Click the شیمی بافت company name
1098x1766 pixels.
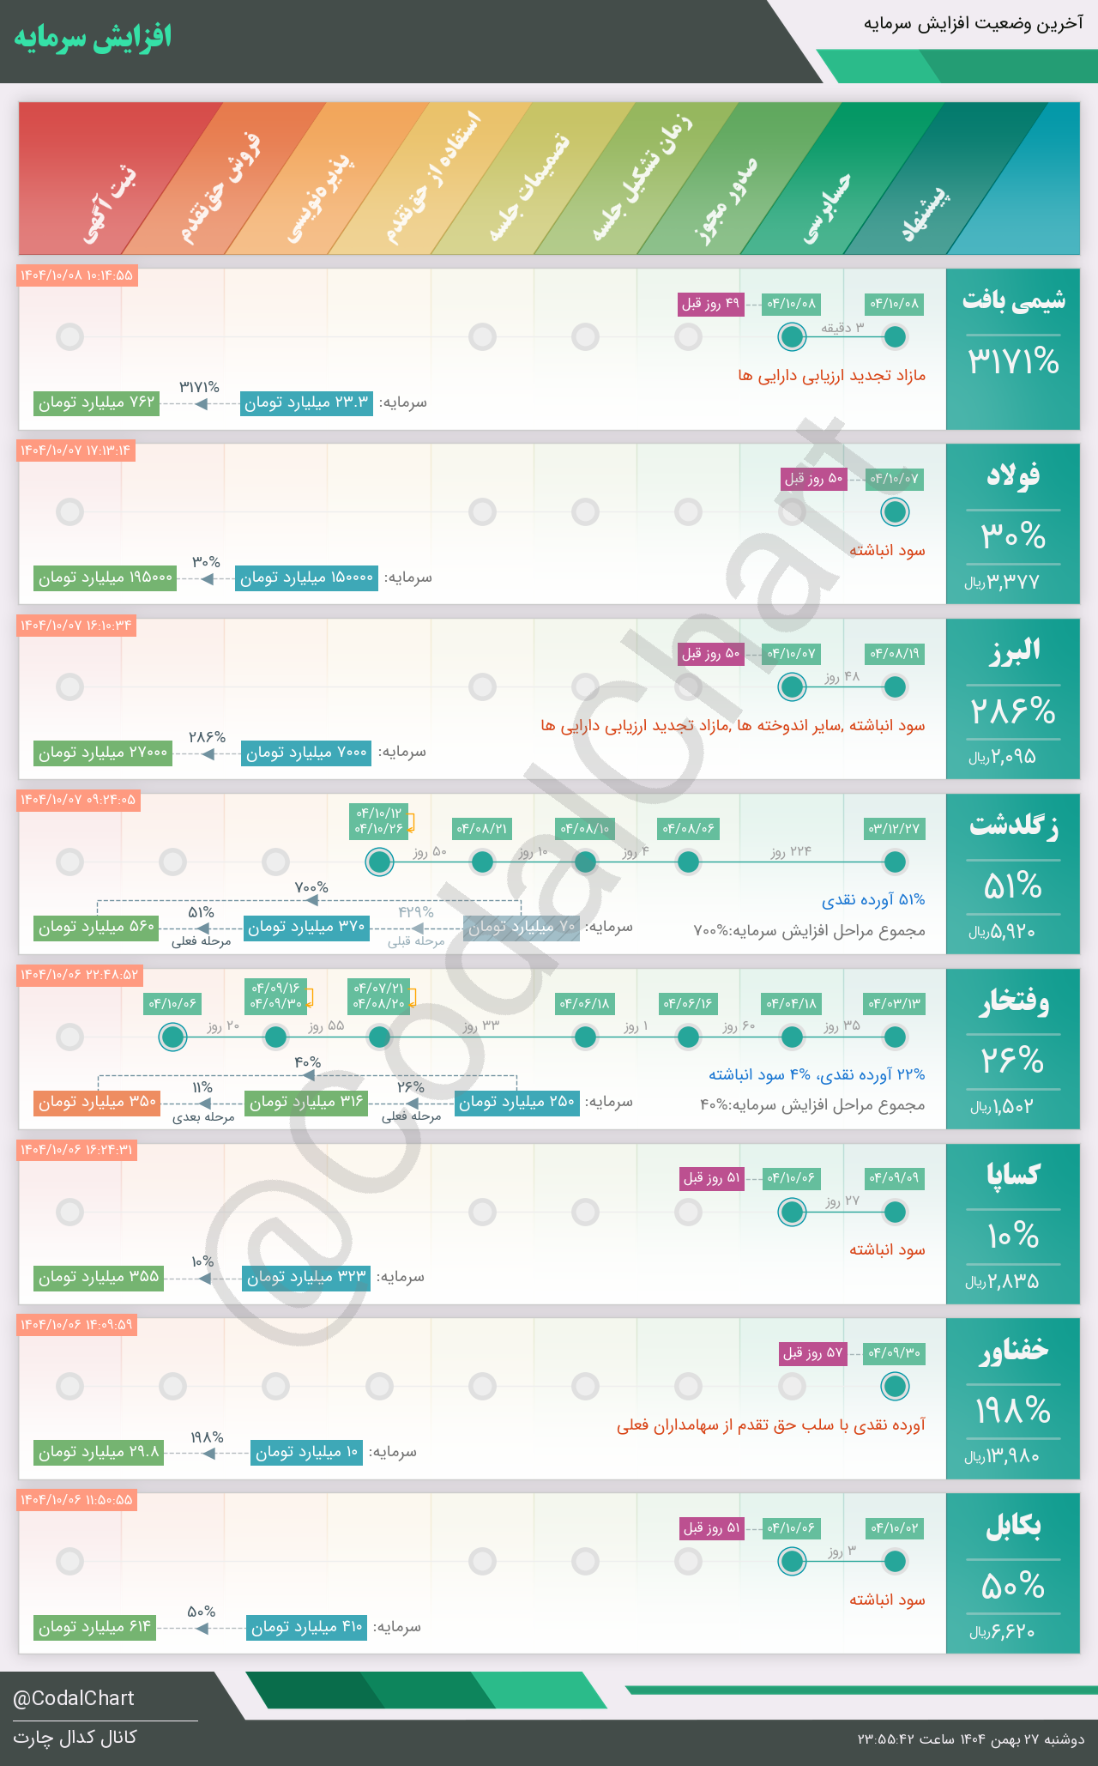[x=1013, y=300]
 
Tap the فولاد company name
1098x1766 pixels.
[x=1013, y=475]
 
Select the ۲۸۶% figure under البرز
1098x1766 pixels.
[x=1013, y=711]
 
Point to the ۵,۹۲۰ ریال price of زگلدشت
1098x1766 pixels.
[x=1003, y=931]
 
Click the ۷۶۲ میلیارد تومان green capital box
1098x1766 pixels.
[x=97, y=402]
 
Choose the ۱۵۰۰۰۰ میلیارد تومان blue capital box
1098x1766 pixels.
[x=307, y=578]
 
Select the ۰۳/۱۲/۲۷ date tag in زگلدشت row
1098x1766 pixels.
[x=895, y=828]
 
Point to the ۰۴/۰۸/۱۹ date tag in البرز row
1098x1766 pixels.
[x=895, y=653]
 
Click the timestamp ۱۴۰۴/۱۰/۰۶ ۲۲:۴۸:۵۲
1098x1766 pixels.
[x=79, y=975]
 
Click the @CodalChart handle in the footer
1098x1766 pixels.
[x=74, y=1698]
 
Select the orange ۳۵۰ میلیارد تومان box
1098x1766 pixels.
[x=97, y=1102]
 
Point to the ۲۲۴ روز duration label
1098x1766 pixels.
[x=791, y=851]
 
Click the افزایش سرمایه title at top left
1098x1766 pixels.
[x=93, y=37]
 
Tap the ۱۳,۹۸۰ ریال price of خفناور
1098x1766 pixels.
[x=1003, y=1456]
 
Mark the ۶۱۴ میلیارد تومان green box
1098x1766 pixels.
[x=95, y=1627]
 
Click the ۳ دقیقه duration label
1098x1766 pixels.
[x=842, y=327]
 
